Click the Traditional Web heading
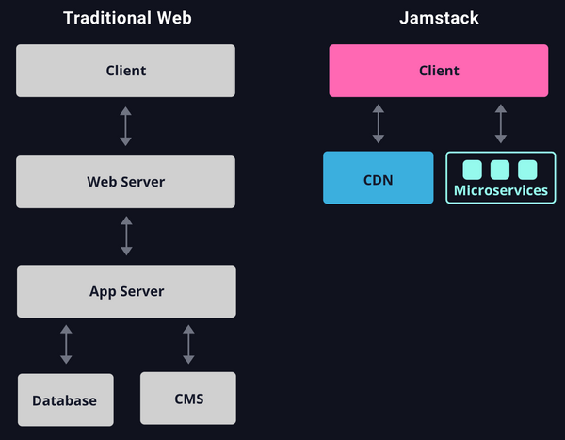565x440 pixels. pos(127,18)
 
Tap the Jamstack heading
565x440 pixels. pos(440,18)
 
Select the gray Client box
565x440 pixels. pos(126,71)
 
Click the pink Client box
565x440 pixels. pos(439,71)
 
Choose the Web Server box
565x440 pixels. pos(126,182)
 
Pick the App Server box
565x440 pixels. pos(126,291)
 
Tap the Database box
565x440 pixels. pos(65,400)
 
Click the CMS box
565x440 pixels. pos(188,398)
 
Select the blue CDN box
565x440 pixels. pos(379,178)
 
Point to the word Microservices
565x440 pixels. pos(501,190)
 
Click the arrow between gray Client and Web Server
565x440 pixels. pos(126,126)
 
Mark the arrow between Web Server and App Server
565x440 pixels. pos(126,236)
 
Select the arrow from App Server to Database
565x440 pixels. pos(66,345)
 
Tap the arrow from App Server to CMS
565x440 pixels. pos(188,345)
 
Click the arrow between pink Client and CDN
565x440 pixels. pos(379,124)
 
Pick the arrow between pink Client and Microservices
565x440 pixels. pos(501,124)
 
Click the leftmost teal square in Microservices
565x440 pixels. pos(473,170)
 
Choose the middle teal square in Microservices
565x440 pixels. pos(500,170)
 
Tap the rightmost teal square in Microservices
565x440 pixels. pos(527,170)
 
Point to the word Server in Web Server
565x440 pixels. pos(142,182)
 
